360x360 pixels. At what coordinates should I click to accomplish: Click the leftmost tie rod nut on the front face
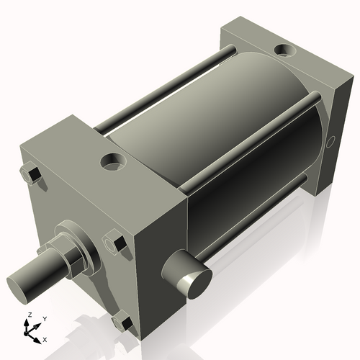(30, 174)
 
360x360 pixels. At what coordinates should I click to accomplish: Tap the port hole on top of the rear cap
(284, 52)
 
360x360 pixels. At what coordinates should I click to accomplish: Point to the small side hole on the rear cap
(331, 141)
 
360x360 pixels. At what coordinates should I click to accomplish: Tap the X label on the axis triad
(45, 338)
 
